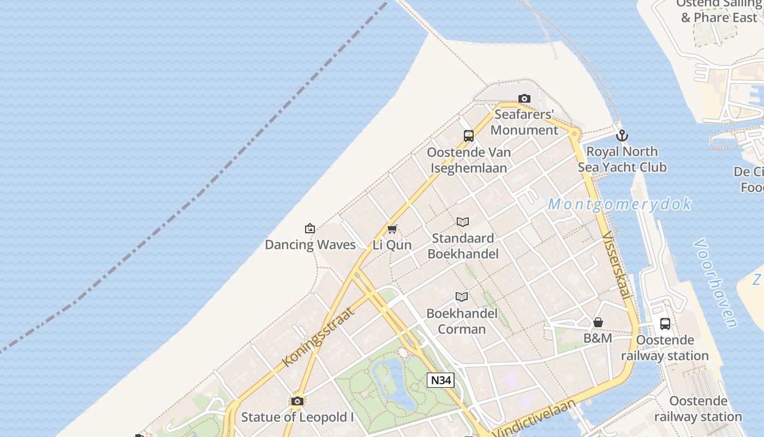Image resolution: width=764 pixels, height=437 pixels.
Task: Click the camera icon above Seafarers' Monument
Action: click(524, 99)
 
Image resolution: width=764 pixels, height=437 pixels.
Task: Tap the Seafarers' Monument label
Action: click(524, 122)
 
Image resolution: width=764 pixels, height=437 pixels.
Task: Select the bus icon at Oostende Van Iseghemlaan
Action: click(469, 136)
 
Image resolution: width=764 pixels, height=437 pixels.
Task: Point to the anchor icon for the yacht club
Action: click(622, 135)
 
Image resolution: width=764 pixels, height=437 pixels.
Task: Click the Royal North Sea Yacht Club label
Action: click(622, 159)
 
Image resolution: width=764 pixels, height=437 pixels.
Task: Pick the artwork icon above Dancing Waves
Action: click(310, 228)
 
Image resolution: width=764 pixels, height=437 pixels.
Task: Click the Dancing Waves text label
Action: click(310, 245)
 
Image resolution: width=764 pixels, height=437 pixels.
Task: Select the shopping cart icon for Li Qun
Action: click(392, 229)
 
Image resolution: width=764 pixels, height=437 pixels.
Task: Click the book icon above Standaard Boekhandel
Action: click(463, 222)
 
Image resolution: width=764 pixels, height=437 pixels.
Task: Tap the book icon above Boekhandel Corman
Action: click(462, 297)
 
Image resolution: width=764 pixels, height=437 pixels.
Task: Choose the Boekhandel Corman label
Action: click(462, 321)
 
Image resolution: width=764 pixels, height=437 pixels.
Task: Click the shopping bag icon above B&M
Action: click(598, 322)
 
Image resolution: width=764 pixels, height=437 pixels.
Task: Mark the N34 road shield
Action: click(440, 380)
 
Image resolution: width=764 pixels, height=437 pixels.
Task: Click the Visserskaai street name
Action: click(617, 265)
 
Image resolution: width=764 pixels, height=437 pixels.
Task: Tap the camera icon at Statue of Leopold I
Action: click(297, 401)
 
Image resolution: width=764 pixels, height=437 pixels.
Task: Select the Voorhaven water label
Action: click(715, 283)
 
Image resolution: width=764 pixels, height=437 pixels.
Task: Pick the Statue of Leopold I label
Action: click(297, 417)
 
